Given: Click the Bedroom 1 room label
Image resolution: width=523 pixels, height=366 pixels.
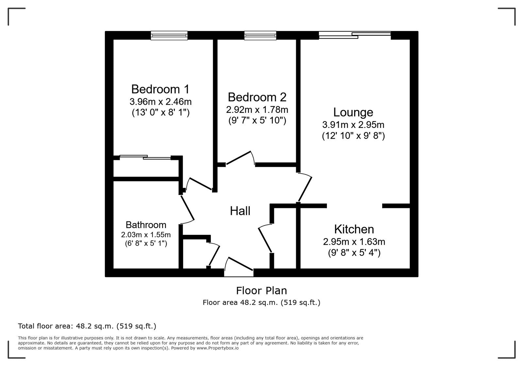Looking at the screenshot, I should pos(160,89).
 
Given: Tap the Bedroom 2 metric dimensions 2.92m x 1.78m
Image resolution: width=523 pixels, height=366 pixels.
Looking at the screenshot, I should pos(257,109).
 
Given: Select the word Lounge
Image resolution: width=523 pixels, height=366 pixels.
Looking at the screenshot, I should pos(353,112).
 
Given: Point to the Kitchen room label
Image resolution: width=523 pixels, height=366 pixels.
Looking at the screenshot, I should pos(354,229).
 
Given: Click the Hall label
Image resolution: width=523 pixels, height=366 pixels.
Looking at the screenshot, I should pos(240,211).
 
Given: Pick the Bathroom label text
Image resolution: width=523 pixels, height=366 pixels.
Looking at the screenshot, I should pos(146,225).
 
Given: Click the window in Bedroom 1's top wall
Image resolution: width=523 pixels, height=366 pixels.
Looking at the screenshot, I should pos(169,35).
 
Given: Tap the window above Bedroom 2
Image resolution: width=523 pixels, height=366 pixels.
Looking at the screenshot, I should pos(260,35).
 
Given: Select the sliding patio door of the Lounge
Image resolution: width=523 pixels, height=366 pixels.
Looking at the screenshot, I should pos(355,35).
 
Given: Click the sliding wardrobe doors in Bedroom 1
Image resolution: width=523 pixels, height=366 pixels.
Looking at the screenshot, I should pos(145,157).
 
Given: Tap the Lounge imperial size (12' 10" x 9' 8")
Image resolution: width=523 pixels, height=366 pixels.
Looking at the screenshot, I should pos(353,136).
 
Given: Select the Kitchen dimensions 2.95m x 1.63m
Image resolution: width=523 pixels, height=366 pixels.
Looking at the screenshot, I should pos(354,242).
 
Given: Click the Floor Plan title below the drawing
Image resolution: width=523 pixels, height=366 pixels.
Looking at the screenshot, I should pos(261,290).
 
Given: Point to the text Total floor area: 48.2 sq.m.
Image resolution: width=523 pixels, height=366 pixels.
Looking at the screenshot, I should pos(87,326).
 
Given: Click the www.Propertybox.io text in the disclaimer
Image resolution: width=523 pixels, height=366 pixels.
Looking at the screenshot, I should pos(217,348).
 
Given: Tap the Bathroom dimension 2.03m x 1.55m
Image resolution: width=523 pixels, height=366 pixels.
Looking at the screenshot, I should pos(146,235).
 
